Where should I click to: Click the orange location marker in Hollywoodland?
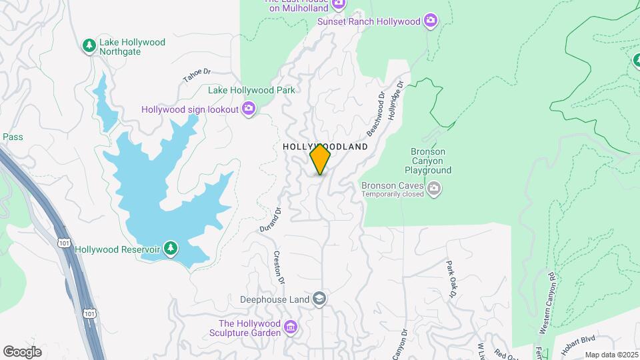click(320, 159)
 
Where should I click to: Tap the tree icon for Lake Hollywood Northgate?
click(89, 45)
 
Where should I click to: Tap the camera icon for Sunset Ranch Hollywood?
click(431, 21)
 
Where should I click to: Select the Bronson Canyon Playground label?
click(428, 161)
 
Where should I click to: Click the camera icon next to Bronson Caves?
click(434, 189)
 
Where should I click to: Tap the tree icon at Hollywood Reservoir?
click(171, 249)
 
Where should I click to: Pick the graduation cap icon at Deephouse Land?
click(319, 299)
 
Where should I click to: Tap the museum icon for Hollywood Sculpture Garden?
click(290, 327)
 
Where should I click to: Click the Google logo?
click(22, 351)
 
